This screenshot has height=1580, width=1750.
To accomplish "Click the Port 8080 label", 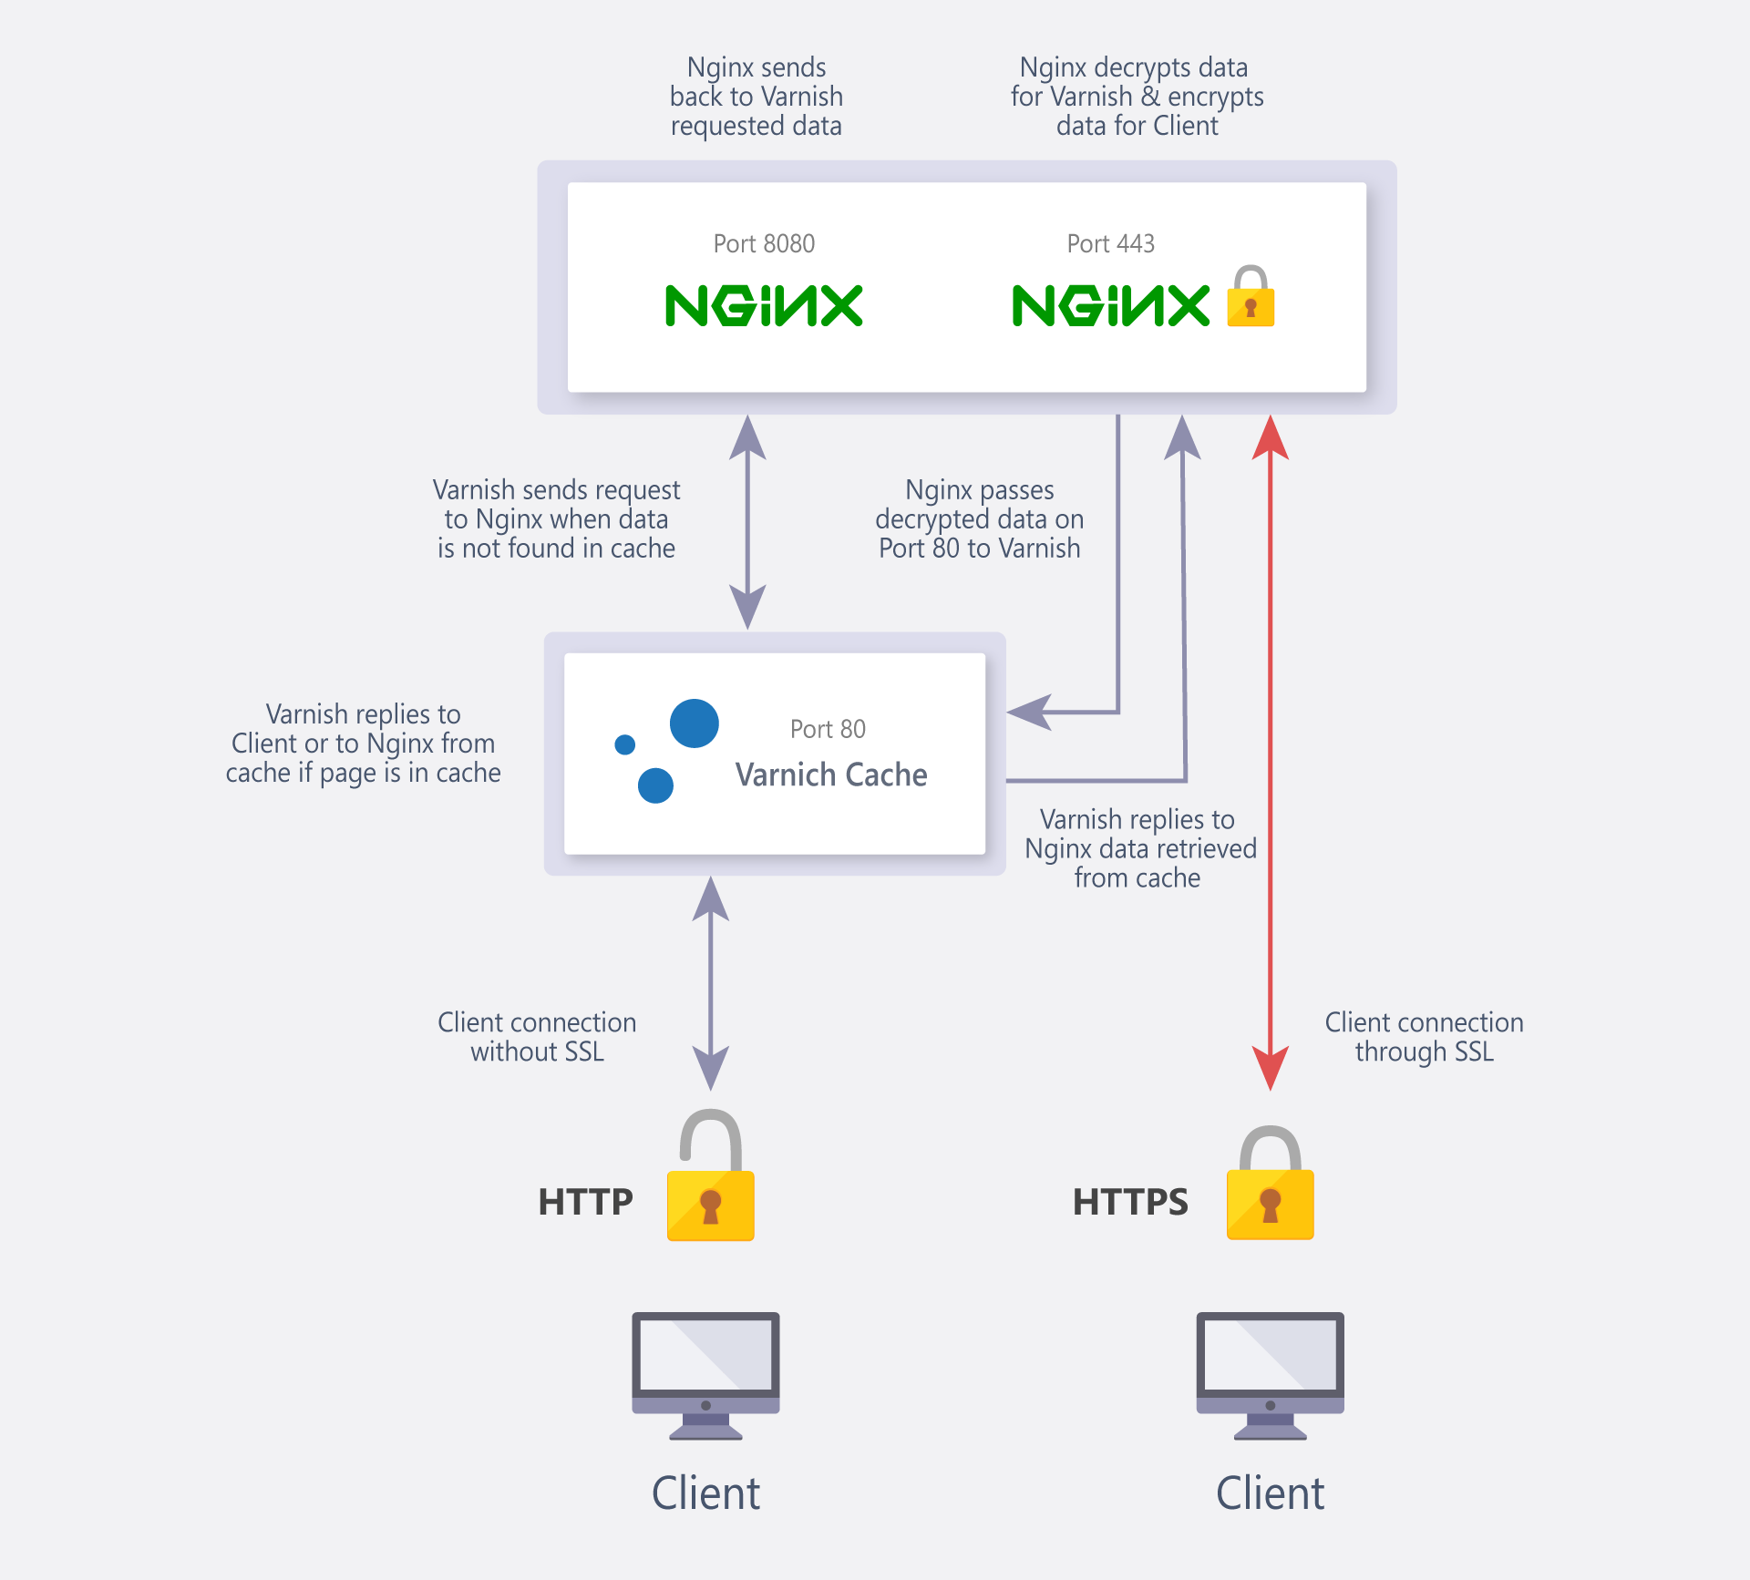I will click(764, 243).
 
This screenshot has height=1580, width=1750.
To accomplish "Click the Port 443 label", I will click(1110, 243).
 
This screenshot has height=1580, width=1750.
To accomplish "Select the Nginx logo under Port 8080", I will click(764, 305).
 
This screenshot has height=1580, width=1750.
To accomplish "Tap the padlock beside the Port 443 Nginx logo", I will click(1251, 297).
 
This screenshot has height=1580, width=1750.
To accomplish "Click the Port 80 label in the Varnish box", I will click(828, 729).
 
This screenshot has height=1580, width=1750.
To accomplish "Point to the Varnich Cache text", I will click(831, 775).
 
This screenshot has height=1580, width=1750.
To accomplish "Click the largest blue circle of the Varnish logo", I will click(695, 723).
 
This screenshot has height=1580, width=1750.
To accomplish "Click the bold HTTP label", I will click(585, 1202).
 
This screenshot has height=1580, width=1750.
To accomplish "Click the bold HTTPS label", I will click(1130, 1202).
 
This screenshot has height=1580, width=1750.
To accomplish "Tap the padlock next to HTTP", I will click(711, 1180).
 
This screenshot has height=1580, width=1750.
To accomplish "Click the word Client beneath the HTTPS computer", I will click(1271, 1493).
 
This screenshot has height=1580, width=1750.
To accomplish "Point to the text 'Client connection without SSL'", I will click(537, 1037).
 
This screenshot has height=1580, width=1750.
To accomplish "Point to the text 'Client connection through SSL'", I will click(1424, 1037).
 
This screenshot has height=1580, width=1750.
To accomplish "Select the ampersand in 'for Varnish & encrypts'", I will click(1150, 97).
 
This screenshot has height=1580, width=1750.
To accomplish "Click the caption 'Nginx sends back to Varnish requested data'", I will click(757, 97).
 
